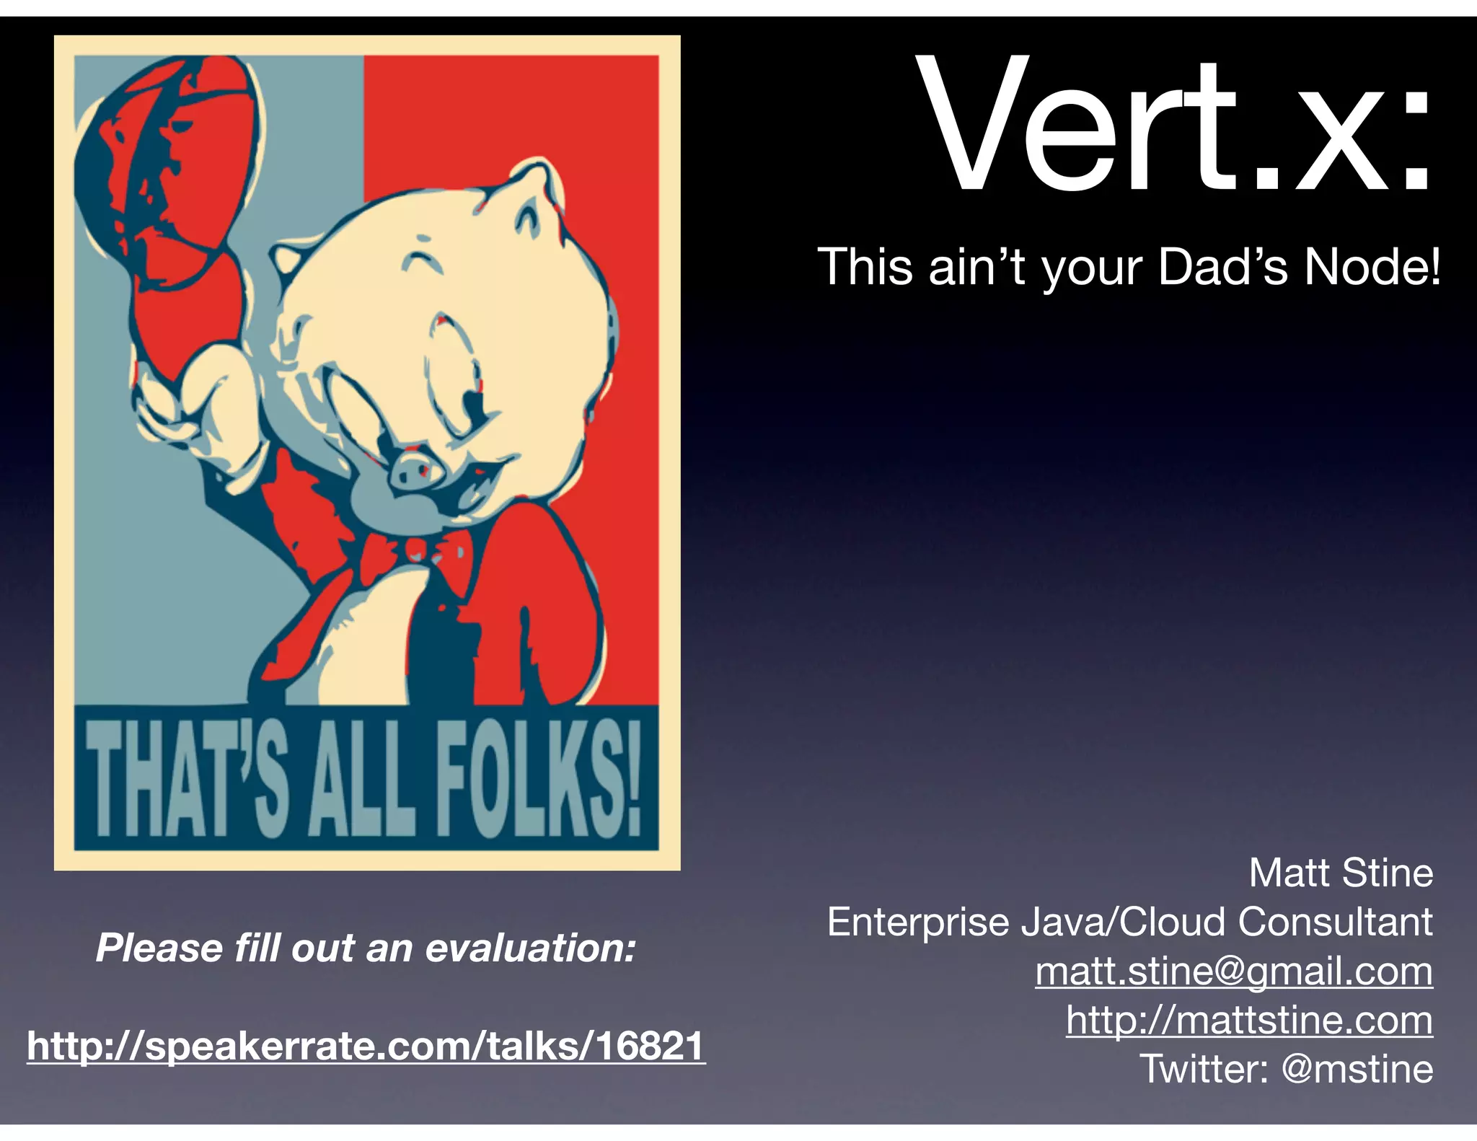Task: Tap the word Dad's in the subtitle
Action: tap(1222, 268)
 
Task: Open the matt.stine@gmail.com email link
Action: tap(1233, 971)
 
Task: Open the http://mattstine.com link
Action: tap(1249, 1020)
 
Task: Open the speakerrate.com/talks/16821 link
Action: tap(366, 1046)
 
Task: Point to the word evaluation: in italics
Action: tap(530, 948)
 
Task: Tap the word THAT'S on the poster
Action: tap(188, 779)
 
